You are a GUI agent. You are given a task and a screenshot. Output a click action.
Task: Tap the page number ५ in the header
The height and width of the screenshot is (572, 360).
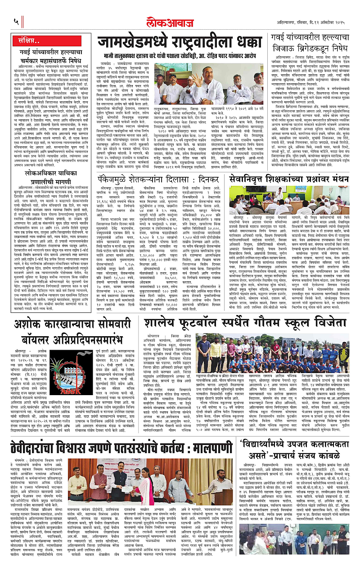point(16,21)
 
